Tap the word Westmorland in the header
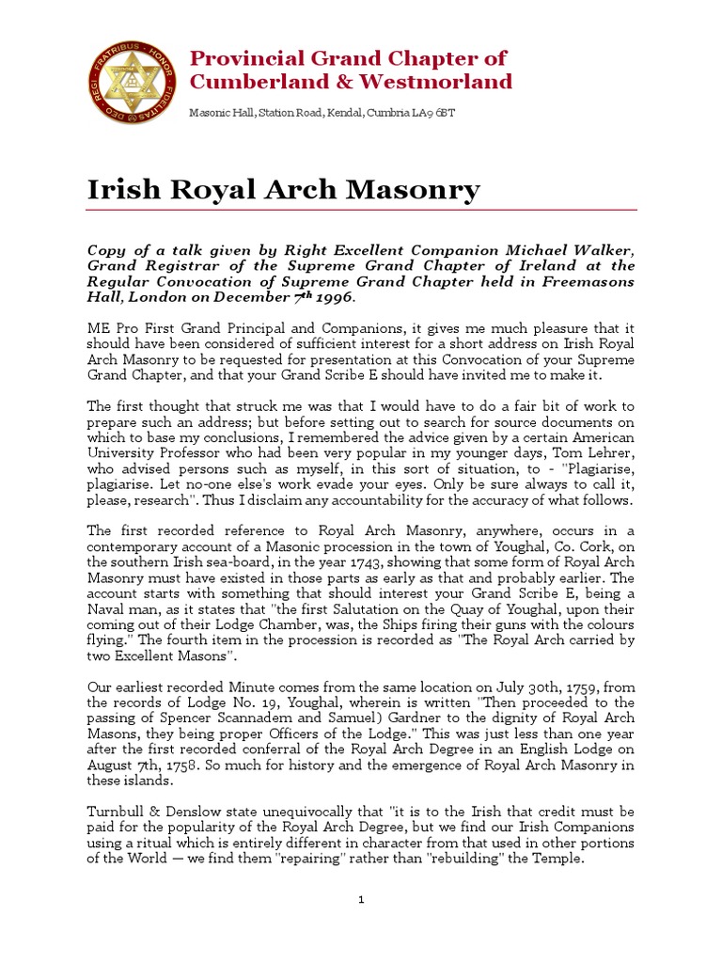coord(443,82)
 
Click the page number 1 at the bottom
coord(362,901)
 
